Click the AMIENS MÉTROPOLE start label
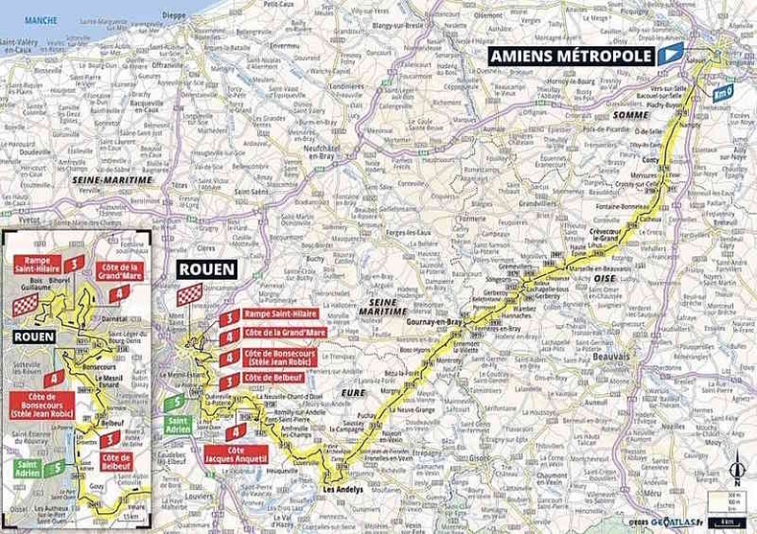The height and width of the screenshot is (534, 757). coord(572,56)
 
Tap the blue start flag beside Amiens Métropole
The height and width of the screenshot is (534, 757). coord(670,53)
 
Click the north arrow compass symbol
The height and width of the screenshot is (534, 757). coord(736,469)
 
